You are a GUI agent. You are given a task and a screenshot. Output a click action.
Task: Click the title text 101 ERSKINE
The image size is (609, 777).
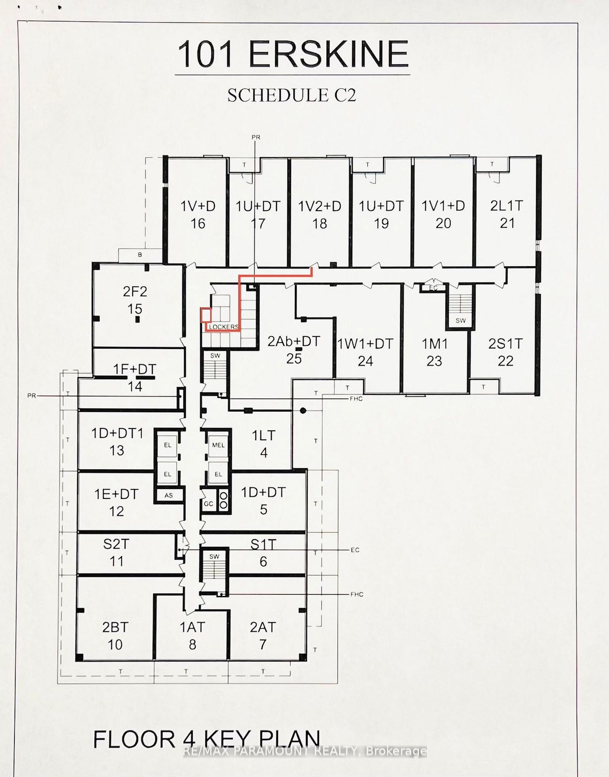click(x=293, y=54)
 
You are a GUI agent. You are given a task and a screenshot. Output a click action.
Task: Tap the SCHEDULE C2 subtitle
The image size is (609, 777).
click(x=292, y=95)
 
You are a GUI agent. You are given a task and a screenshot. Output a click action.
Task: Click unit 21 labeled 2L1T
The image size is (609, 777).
click(x=507, y=214)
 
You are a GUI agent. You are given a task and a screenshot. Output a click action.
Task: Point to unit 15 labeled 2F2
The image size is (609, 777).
click(x=135, y=300)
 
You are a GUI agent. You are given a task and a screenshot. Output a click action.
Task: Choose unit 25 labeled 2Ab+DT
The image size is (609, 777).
click(x=294, y=350)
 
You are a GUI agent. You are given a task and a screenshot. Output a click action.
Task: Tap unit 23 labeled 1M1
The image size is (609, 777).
click(x=434, y=352)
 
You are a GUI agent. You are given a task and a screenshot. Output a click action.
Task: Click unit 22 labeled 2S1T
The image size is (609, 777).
click(x=505, y=352)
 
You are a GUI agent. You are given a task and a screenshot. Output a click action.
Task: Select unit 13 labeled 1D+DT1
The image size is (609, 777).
click(x=117, y=442)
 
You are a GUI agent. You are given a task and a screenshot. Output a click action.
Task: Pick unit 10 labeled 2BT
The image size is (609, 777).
click(x=115, y=636)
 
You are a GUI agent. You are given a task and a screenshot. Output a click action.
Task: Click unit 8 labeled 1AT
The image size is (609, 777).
click(x=192, y=636)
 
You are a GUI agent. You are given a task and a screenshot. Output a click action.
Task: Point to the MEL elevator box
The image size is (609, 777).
click(x=218, y=445)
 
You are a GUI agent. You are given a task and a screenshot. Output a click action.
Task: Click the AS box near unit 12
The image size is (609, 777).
click(x=169, y=495)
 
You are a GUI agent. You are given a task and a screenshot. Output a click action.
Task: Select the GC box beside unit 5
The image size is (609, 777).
click(x=208, y=504)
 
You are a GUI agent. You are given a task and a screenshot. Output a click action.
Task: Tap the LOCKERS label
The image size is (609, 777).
click(x=224, y=327)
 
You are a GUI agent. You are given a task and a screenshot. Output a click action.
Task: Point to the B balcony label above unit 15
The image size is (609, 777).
click(x=140, y=255)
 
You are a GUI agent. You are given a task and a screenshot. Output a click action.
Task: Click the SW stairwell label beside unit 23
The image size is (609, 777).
click(x=461, y=321)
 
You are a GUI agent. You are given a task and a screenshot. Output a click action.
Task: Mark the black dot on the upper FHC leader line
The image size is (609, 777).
click(x=303, y=411)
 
